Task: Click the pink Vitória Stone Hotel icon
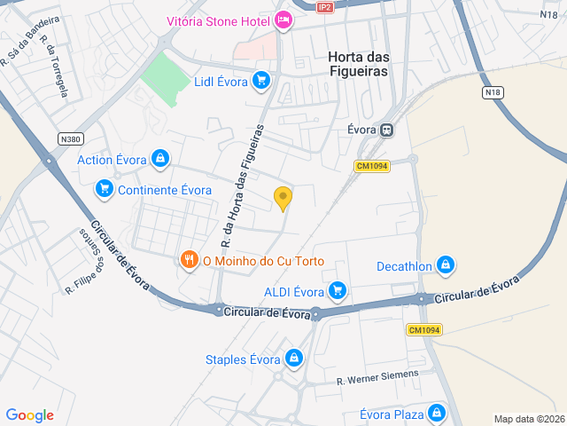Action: [283, 20]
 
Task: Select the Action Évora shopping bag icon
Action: [159, 160]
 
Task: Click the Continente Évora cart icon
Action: [105, 189]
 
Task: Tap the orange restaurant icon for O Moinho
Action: [189, 260]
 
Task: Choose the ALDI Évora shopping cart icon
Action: [337, 290]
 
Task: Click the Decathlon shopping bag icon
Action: [445, 265]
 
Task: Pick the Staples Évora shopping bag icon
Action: [294, 359]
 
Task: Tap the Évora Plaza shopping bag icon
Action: [436, 414]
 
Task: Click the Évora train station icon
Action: [386, 130]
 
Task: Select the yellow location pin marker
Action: [283, 198]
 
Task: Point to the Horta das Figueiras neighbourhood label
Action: [359, 63]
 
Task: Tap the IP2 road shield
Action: [325, 6]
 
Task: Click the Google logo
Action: [29, 415]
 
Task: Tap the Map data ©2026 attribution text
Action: [528, 419]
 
